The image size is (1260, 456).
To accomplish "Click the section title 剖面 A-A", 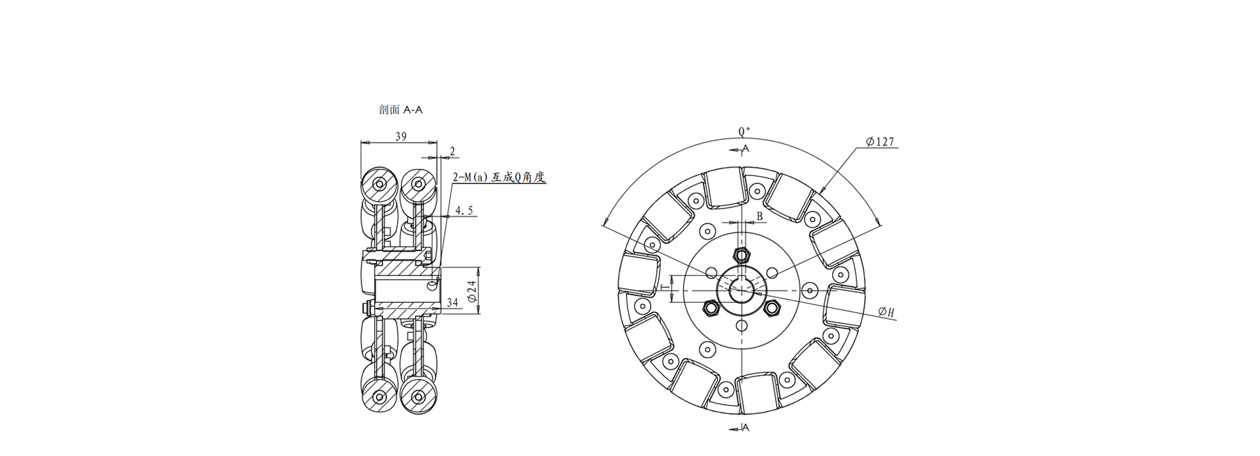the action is click(x=400, y=110).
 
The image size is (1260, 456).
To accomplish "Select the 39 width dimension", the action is click(x=400, y=137).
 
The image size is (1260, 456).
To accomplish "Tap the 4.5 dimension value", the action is click(x=464, y=211).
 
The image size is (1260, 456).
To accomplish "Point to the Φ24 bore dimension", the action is click(x=471, y=291).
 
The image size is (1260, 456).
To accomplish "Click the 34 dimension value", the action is click(x=453, y=302).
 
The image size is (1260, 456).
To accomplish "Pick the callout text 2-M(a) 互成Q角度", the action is click(x=499, y=177).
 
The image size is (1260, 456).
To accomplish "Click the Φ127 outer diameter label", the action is click(x=880, y=141).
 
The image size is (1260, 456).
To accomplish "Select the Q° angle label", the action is click(x=744, y=131).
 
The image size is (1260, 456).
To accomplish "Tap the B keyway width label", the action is click(x=759, y=216).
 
